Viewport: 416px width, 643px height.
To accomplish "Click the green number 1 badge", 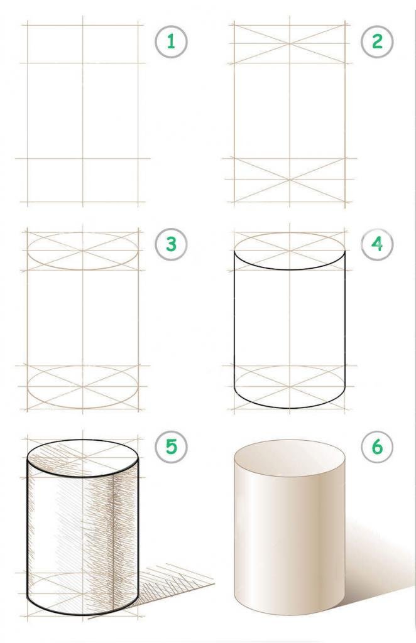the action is click(x=171, y=41).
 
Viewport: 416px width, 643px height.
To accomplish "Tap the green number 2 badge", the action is click(x=377, y=41).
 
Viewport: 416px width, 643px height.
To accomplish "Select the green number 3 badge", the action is click(x=171, y=244).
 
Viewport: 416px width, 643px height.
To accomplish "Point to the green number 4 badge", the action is click(x=377, y=244).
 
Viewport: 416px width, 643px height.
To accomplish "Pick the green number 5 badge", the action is click(x=171, y=446).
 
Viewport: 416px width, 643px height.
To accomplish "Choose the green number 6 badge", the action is click(x=377, y=446).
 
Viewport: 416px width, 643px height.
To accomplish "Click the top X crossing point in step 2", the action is click(x=290, y=44).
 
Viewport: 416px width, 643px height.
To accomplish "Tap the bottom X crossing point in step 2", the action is click(x=290, y=180).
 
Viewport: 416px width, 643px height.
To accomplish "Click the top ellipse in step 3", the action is click(x=82, y=232).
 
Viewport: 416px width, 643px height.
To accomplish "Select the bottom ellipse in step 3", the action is click(x=82, y=366).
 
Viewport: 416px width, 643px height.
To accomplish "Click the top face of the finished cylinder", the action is click(x=290, y=459).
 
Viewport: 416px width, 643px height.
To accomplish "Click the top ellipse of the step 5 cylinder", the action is click(x=82, y=440).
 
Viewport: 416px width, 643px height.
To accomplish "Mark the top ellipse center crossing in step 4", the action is click(x=290, y=251).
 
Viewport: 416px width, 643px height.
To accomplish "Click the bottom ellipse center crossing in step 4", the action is click(x=290, y=386).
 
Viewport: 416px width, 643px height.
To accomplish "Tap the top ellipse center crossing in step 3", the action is click(x=82, y=251).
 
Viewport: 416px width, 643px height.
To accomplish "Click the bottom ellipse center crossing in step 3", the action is click(x=82, y=386).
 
